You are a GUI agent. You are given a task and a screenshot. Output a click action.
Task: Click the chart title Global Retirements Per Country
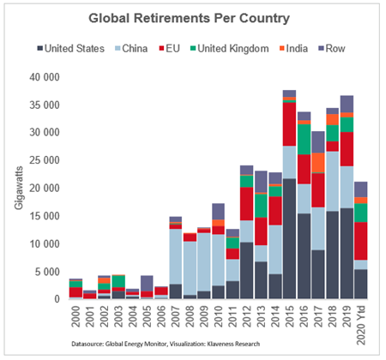[x=189, y=19]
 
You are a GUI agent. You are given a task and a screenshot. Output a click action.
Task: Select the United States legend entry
[x=70, y=49]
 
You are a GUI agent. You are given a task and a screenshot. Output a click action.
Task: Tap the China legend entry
[x=131, y=49]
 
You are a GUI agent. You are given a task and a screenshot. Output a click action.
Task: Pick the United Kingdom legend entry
[x=230, y=49]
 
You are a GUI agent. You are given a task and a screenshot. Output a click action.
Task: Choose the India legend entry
[x=293, y=49]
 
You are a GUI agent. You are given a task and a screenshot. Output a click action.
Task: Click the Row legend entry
[x=332, y=49]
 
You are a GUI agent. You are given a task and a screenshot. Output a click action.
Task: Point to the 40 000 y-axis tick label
[x=45, y=77]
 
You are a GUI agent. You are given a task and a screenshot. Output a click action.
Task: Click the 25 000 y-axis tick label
[x=45, y=160]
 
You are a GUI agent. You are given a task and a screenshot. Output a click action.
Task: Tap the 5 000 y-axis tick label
[x=47, y=272]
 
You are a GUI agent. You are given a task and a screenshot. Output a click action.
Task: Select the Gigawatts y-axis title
[x=19, y=188]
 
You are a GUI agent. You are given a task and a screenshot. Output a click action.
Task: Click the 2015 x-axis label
[x=289, y=316]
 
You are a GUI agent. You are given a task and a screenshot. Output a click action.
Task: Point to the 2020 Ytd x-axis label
[x=361, y=325]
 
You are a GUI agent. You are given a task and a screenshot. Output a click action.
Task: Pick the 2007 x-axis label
[x=175, y=316]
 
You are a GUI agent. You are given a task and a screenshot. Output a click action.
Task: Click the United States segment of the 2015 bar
[x=289, y=239]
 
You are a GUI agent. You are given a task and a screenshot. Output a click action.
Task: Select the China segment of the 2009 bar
[x=204, y=262]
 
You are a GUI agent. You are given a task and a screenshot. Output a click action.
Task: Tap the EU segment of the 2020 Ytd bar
[x=361, y=241]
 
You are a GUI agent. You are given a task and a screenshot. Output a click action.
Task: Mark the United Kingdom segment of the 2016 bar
[x=304, y=140]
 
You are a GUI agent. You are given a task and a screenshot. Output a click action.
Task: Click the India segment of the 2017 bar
[x=318, y=163]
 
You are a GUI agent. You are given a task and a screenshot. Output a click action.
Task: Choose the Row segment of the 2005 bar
[x=147, y=284]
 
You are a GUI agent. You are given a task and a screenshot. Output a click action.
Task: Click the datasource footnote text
[x=166, y=344]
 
